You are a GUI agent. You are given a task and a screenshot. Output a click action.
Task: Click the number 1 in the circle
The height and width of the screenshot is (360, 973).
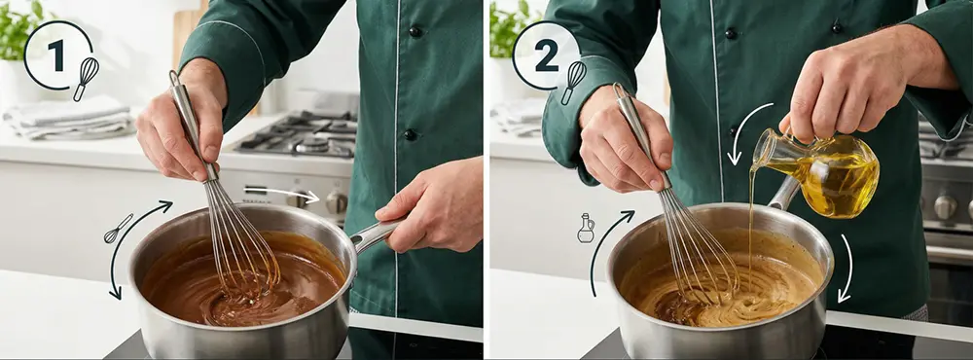[55, 55]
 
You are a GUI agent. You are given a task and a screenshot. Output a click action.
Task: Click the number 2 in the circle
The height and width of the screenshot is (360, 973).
[547, 56]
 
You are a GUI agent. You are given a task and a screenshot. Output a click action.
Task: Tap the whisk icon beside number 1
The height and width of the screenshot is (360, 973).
[86, 79]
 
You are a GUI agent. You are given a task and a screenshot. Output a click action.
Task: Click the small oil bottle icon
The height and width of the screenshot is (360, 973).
[585, 228]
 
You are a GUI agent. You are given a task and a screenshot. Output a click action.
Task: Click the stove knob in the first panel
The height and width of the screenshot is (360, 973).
[336, 201]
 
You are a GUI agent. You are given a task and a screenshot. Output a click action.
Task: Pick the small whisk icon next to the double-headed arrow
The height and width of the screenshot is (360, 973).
[118, 229]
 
